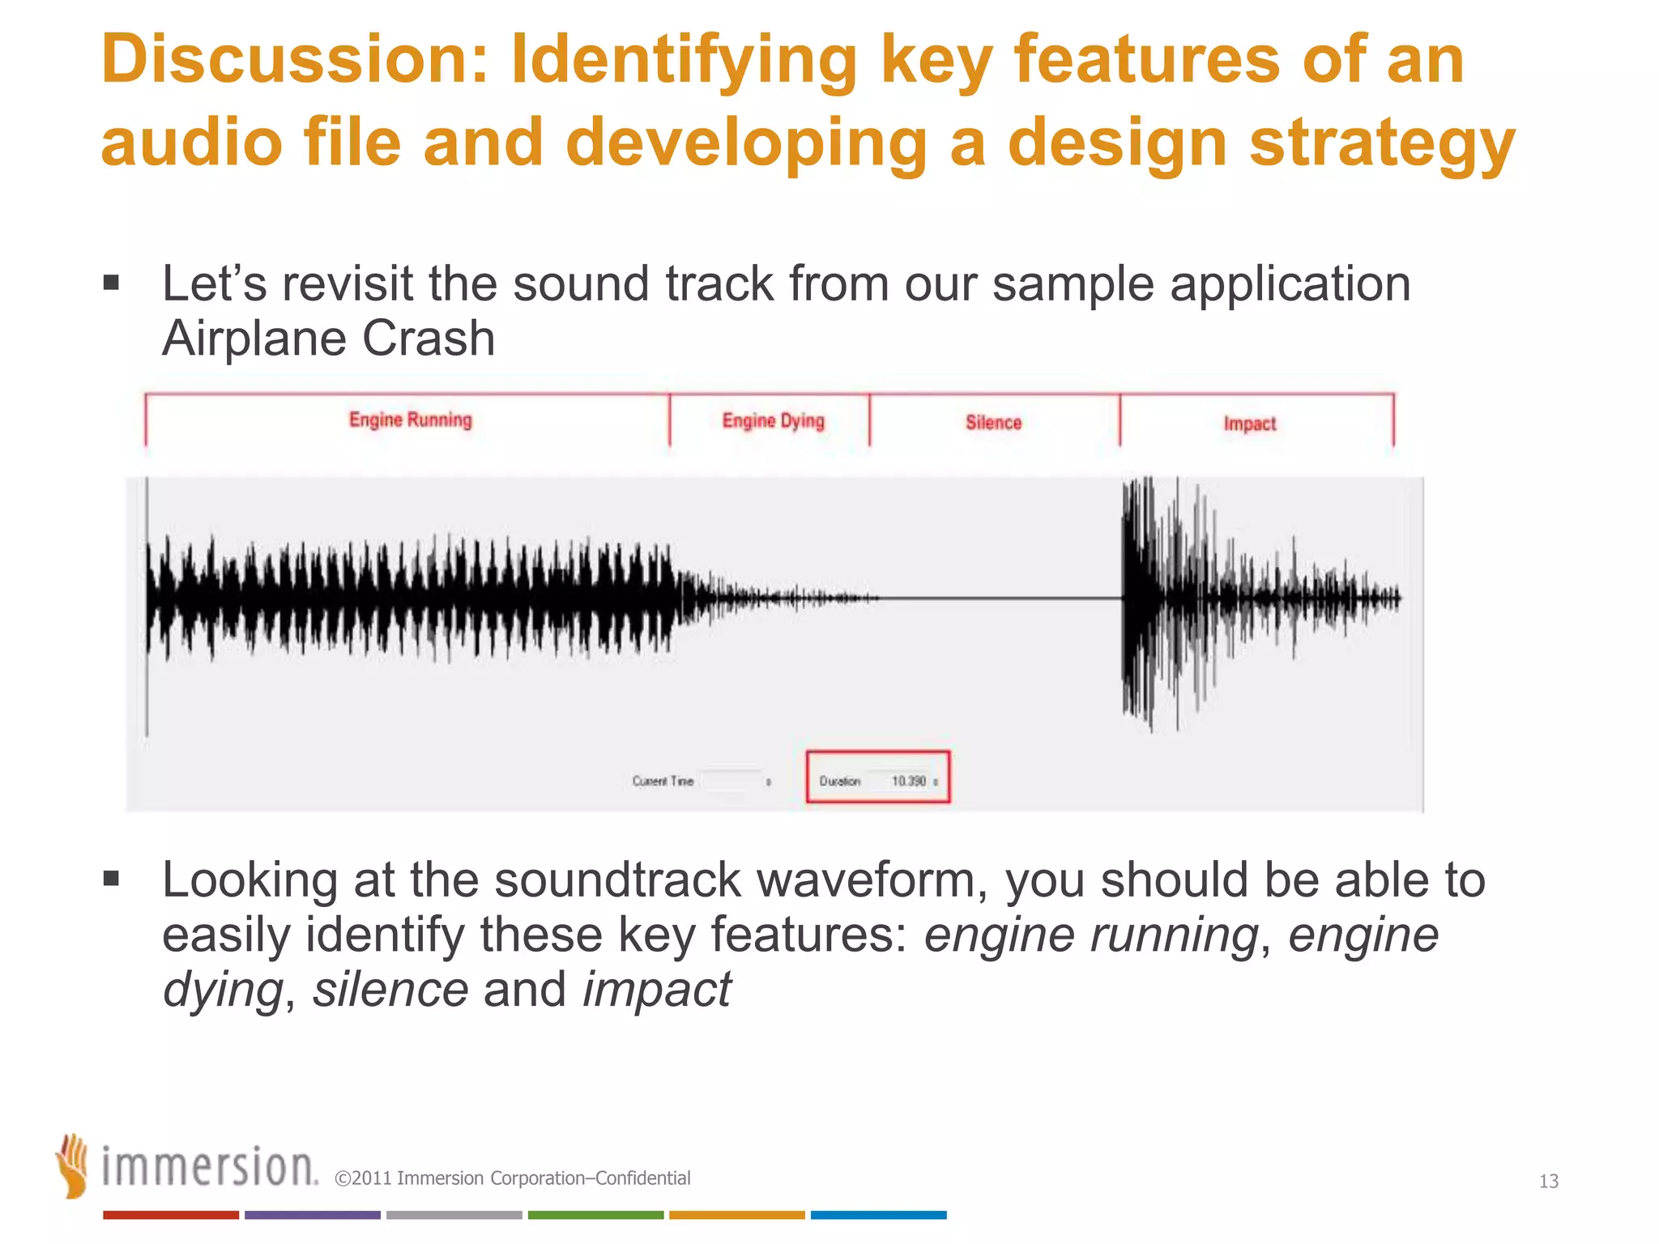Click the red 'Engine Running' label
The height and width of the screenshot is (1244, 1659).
pos(410,420)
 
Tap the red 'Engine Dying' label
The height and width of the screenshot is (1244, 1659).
pos(773,420)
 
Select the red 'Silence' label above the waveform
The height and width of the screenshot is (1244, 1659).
pos(993,422)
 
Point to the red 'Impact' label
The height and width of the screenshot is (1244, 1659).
pos(1249,424)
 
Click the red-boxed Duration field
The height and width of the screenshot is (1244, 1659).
pos(877,777)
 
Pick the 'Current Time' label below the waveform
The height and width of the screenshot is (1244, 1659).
pos(663,781)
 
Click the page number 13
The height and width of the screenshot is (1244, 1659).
pos(1548,1181)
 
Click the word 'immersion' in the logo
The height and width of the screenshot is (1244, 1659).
pos(208,1167)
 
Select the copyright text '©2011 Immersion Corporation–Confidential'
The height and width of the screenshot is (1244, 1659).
pos(512,1178)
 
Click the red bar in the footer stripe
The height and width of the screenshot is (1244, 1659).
pos(170,1215)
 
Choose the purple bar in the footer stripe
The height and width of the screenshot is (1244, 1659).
pos(312,1215)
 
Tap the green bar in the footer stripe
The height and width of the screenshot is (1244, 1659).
pos(595,1215)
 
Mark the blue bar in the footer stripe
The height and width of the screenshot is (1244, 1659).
pos(878,1215)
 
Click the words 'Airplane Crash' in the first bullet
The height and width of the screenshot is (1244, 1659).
pos(328,338)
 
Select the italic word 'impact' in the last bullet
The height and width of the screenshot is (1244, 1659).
pos(656,989)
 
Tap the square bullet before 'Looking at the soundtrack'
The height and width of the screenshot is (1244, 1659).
pos(112,879)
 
